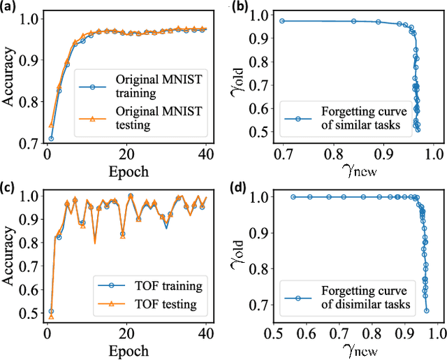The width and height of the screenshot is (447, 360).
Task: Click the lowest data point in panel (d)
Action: (x=427, y=310)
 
